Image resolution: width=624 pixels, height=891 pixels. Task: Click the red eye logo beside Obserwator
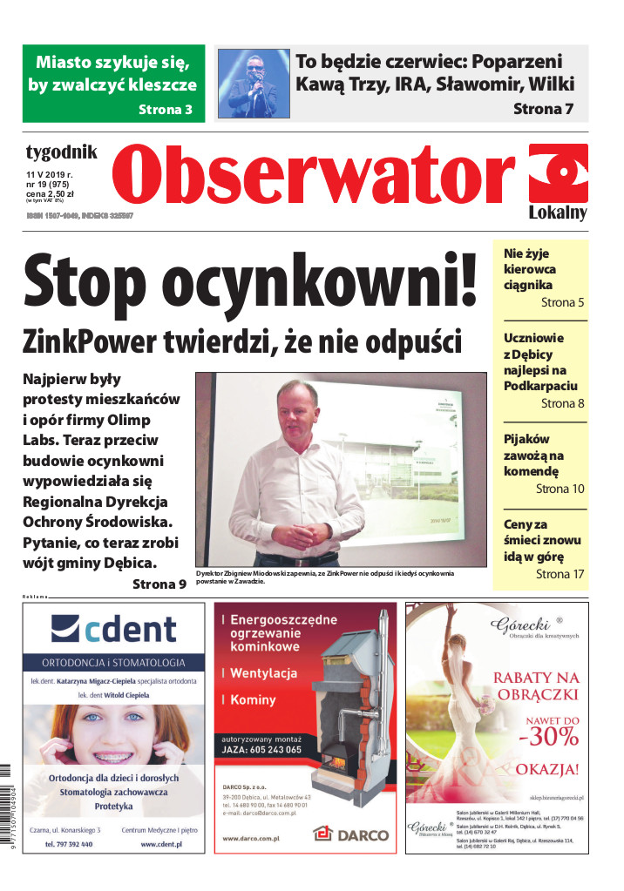(x=559, y=172)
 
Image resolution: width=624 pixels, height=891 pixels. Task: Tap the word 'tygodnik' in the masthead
(x=61, y=153)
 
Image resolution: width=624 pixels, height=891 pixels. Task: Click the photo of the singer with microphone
(x=254, y=84)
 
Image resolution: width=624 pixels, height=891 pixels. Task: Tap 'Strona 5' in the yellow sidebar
(x=562, y=303)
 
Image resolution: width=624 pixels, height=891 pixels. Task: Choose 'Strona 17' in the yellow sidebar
(x=560, y=574)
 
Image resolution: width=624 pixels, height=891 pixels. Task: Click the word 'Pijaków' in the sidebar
(x=526, y=439)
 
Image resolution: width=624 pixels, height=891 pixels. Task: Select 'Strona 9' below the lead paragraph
(x=159, y=584)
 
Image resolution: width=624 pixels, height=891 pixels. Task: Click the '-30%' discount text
(x=549, y=737)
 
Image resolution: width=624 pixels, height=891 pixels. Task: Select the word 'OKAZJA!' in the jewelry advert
(x=547, y=769)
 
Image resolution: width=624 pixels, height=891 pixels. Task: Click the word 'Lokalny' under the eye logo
(x=558, y=213)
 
